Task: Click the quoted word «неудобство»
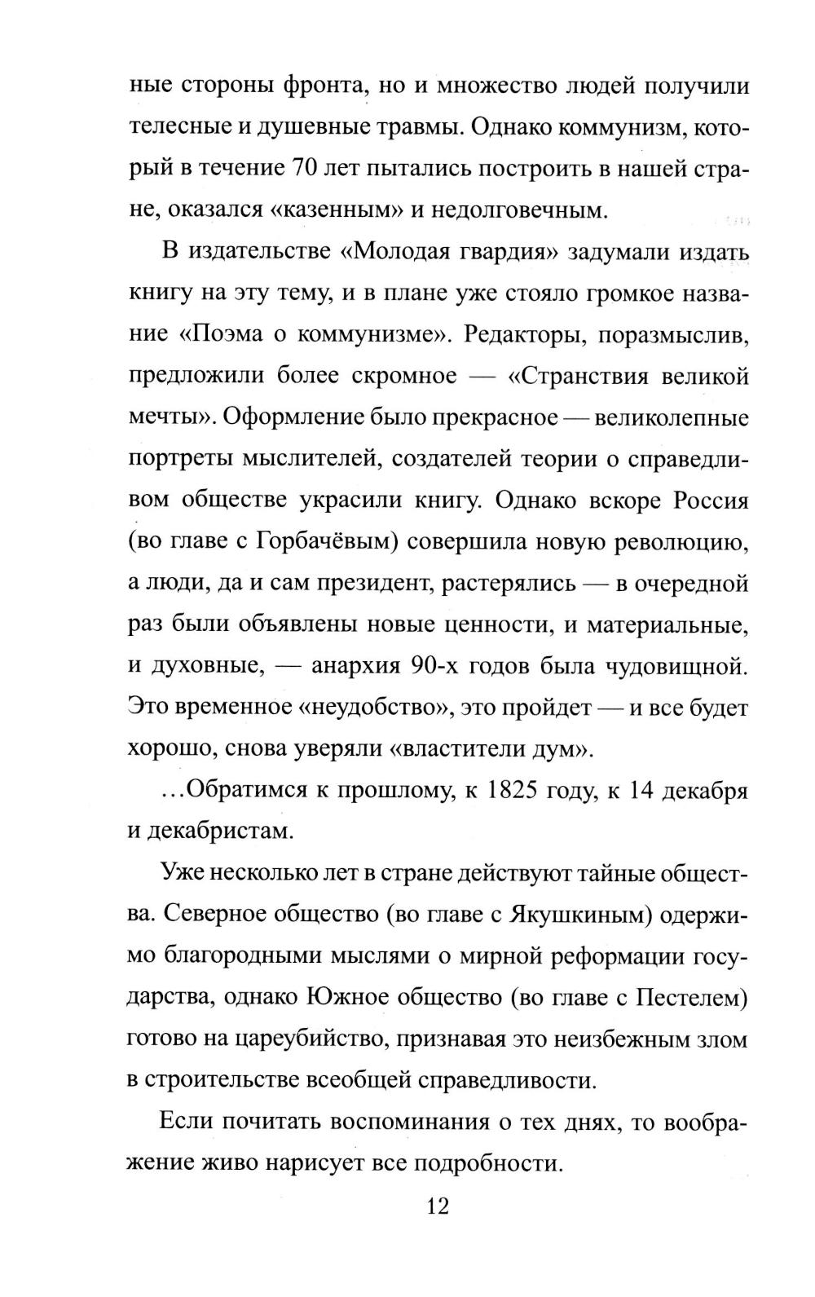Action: (374, 708)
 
